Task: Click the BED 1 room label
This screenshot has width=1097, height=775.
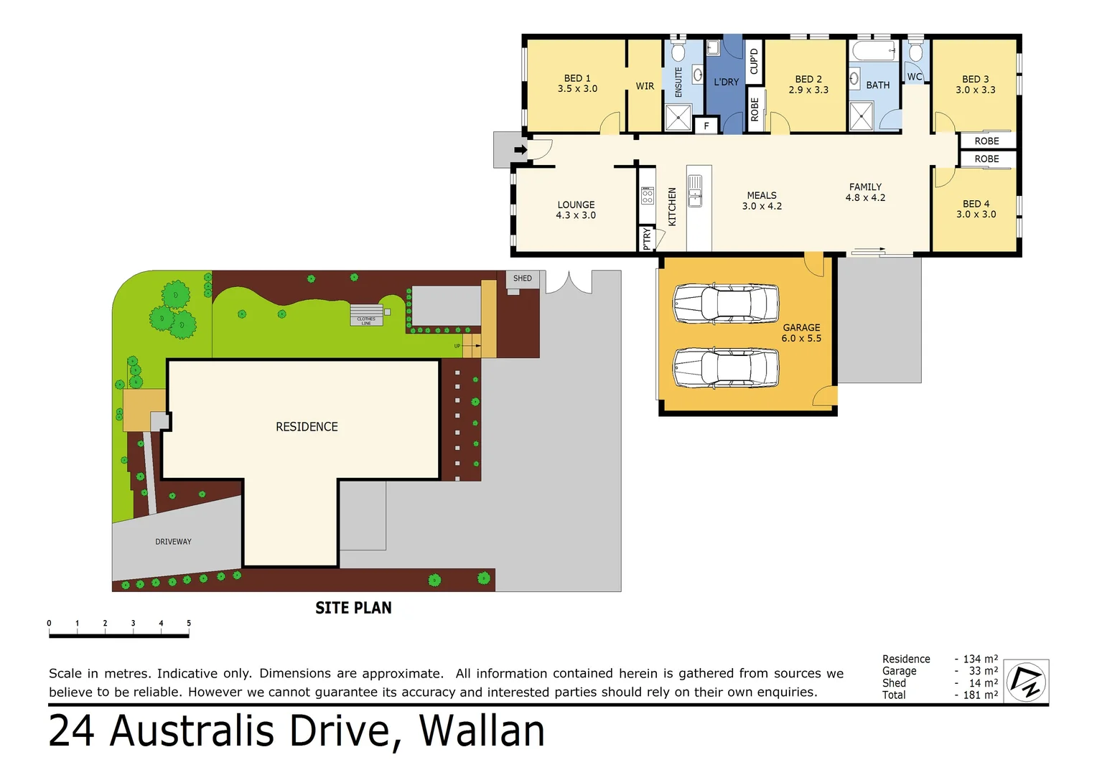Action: [x=577, y=83]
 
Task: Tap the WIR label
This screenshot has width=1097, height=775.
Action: [x=645, y=86]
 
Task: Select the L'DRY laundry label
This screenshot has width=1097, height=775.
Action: [x=726, y=82]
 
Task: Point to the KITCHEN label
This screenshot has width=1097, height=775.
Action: [x=673, y=207]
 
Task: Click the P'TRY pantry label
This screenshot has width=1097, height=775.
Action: [x=647, y=238]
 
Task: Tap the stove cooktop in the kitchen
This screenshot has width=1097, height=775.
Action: [x=648, y=196]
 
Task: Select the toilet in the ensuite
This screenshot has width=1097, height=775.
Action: [x=678, y=51]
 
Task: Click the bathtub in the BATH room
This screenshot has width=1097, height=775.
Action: [x=874, y=52]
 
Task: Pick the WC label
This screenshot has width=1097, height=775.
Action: [x=915, y=77]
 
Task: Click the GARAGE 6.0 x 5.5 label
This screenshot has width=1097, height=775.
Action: [x=801, y=332]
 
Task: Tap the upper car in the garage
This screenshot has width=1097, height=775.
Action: [x=726, y=304]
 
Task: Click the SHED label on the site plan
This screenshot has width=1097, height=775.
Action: [x=523, y=278]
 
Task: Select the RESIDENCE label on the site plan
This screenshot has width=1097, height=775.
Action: [x=307, y=427]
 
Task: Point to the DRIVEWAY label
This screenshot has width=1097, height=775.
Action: [x=173, y=542]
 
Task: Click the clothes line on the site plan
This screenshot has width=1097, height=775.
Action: [x=367, y=315]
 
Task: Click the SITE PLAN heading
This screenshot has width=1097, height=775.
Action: [x=353, y=608]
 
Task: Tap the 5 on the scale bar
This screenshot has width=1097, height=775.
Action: [x=189, y=623]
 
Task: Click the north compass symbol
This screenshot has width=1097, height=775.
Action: [x=1026, y=682]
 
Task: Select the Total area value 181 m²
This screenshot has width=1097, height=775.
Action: [x=980, y=695]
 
